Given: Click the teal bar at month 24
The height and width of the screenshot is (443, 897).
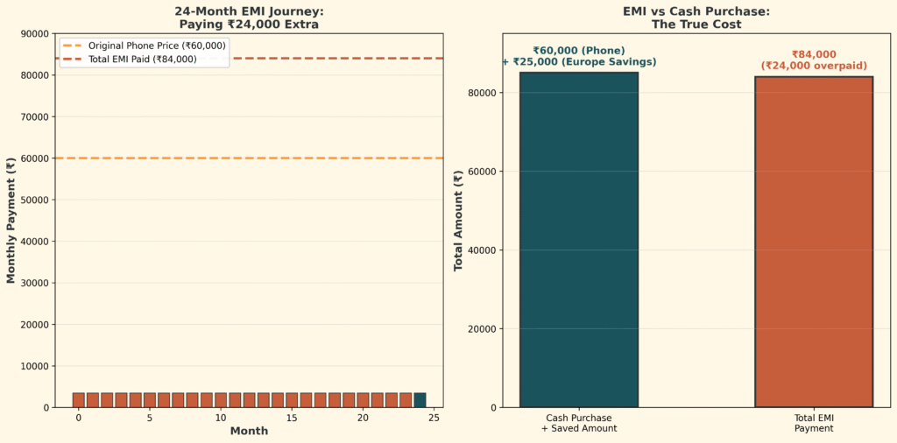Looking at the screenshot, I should tap(420, 400).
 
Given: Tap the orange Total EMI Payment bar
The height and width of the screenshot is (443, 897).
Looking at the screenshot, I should tap(814, 242).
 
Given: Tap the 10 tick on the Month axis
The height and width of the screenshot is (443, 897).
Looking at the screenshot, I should tap(221, 418).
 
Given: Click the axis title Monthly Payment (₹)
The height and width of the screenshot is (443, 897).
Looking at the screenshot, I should tap(11, 221).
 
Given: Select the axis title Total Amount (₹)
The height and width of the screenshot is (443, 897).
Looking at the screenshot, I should tap(458, 221).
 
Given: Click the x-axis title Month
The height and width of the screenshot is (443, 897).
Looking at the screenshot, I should tap(249, 431).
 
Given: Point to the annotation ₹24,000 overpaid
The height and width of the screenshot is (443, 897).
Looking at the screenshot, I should tap(814, 66).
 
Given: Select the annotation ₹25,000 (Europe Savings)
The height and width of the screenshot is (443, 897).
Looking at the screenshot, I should tap(579, 62).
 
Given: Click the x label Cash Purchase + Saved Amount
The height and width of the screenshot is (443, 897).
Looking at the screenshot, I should tap(579, 423).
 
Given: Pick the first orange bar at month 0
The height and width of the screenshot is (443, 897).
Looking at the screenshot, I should tap(78, 400).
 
